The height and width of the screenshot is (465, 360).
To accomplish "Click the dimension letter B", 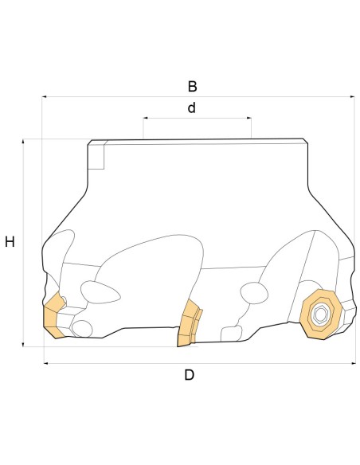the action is (x=192, y=86).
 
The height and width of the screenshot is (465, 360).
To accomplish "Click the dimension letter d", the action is (x=192, y=107).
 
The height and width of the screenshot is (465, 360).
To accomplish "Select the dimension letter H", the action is (x=10, y=242).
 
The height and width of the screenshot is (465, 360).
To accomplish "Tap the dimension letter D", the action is (x=190, y=375).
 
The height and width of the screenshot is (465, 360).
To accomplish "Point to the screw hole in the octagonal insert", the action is (x=320, y=315).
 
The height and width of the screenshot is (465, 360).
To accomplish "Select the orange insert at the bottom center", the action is (x=190, y=323).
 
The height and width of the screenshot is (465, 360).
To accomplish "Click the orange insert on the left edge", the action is (x=53, y=316).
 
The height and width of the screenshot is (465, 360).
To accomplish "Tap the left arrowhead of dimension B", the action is (x=44, y=96).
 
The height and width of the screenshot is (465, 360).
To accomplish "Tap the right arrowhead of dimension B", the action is (x=352, y=96).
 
